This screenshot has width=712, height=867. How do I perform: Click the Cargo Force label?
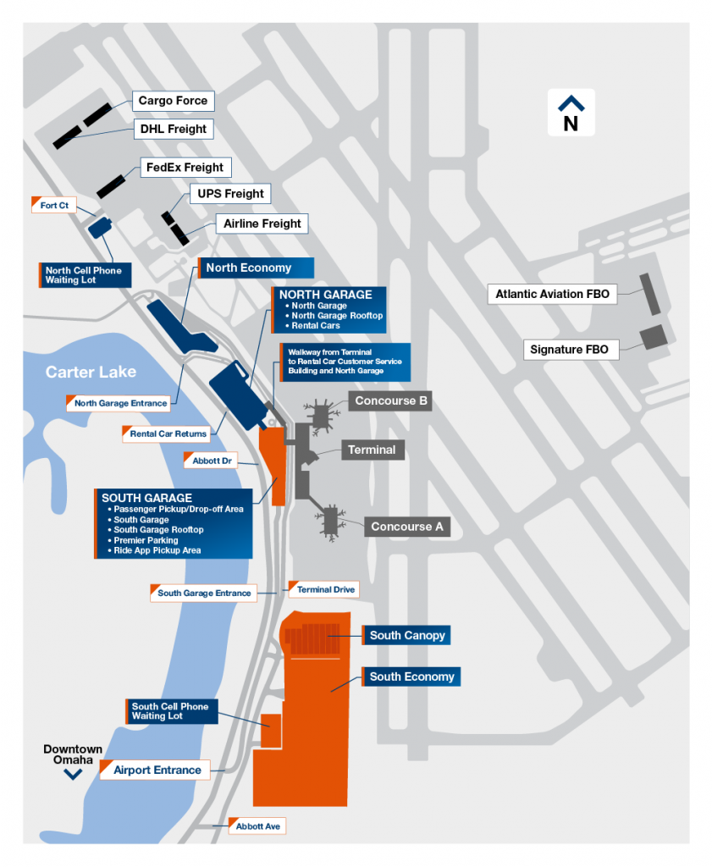pos(173,101)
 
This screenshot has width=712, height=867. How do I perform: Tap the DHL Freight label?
pos(173,129)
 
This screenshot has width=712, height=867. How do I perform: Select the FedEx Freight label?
pos(185,168)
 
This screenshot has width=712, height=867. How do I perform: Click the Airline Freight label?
pos(262,224)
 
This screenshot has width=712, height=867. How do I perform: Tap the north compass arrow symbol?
pos(571,104)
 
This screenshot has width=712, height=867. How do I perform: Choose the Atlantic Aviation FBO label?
pos(552,295)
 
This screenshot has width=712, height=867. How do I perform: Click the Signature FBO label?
pos(569,349)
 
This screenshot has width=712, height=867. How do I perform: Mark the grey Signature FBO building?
pos(654,336)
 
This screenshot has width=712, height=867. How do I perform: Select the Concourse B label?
pos(391,400)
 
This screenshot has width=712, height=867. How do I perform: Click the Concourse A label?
pos(406,527)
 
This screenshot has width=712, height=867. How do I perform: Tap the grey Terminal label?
pos(372,450)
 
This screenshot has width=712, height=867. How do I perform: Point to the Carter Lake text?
pos(91,372)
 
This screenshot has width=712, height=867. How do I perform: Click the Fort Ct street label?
pos(54,205)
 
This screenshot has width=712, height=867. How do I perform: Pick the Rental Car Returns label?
pos(168,433)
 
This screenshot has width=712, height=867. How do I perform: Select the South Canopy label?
pos(406,635)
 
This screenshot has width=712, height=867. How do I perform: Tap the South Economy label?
pos(411,676)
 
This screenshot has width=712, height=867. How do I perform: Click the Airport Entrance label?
pos(157,770)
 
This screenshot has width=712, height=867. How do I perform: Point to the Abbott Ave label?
pos(257,826)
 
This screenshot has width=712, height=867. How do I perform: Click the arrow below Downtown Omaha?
pos(74,774)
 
